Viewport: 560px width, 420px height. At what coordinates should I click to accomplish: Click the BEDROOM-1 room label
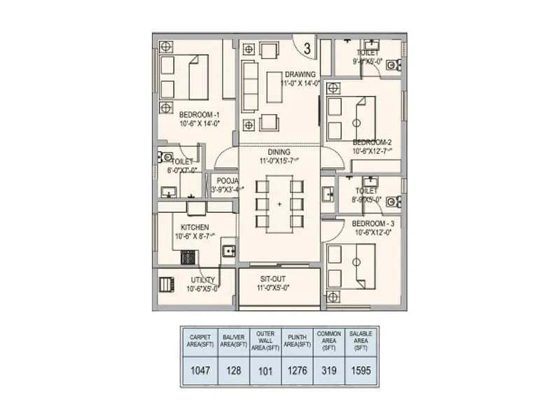(x=199, y=115)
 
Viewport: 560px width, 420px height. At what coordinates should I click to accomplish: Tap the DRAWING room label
(x=300, y=74)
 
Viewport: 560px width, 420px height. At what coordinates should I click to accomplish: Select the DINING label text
(x=279, y=151)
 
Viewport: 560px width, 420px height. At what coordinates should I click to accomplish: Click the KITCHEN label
(x=195, y=227)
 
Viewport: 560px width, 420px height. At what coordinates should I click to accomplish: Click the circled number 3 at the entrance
(x=307, y=48)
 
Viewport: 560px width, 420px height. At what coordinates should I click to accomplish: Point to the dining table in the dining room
(x=279, y=204)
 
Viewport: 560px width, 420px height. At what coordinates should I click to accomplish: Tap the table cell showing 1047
(x=198, y=370)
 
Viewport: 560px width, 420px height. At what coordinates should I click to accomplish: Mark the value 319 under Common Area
(x=330, y=370)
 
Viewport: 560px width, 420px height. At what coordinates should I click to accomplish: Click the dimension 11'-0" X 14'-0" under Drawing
(x=300, y=83)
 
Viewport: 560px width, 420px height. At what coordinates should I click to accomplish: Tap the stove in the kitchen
(x=188, y=256)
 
